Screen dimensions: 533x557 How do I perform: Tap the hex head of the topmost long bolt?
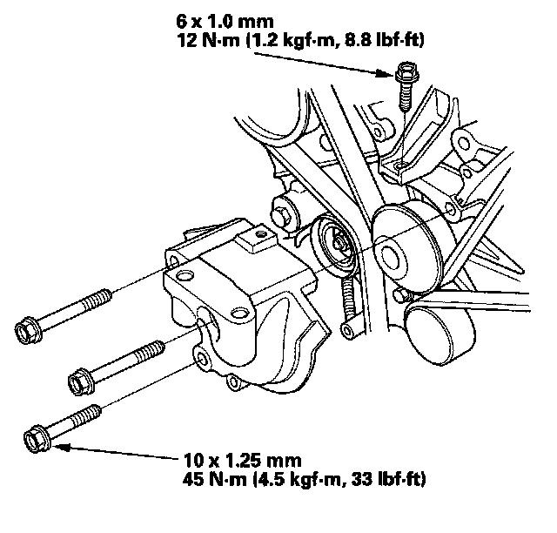point(29,330)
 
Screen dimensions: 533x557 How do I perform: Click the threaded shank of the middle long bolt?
point(136,359)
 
